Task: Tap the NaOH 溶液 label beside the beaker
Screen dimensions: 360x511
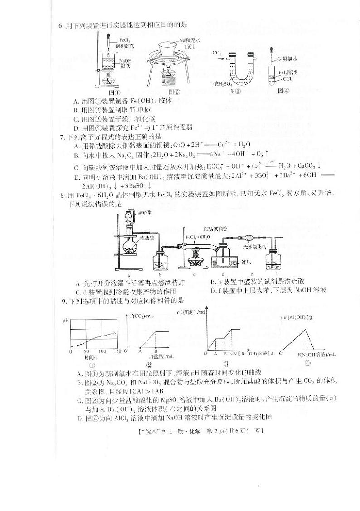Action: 125,63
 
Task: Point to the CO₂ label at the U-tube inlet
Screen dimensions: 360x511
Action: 216,53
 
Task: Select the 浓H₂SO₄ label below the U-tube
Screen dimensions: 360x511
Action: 223,84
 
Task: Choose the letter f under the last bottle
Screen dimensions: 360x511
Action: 276,274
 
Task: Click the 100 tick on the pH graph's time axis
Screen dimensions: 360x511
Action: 102,352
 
